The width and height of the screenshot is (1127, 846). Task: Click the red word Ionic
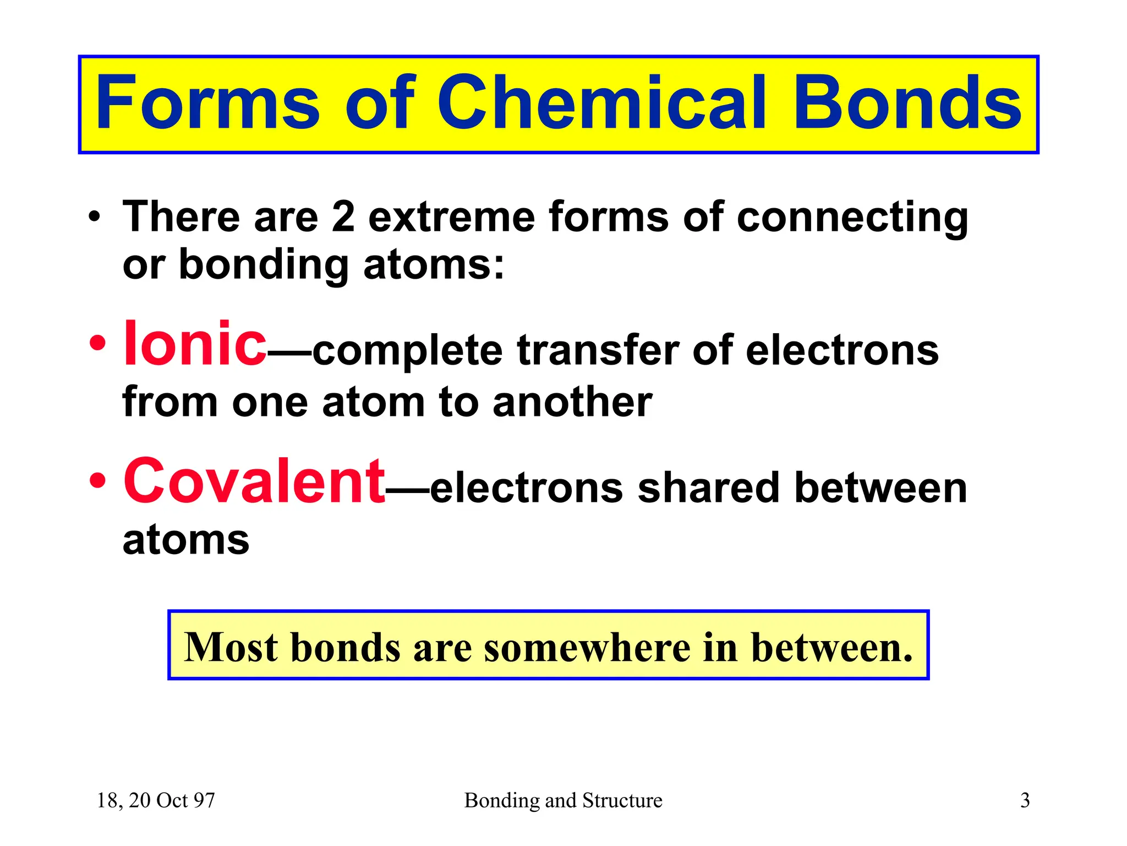[195, 344]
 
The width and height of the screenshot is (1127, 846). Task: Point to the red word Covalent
[254, 482]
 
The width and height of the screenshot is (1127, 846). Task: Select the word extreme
[451, 218]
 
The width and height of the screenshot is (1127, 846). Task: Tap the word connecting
[852, 219]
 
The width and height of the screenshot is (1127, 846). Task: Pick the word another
[572, 402]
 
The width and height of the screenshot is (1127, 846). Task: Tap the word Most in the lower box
[231, 647]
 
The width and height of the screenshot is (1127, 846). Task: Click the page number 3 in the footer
[1025, 800]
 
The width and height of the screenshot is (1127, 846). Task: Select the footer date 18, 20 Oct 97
[156, 800]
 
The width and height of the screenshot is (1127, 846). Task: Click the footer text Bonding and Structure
[563, 800]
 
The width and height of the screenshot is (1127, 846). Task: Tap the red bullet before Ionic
[97, 344]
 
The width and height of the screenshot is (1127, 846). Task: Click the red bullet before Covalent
[97, 481]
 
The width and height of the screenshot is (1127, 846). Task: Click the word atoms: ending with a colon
[434, 265]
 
